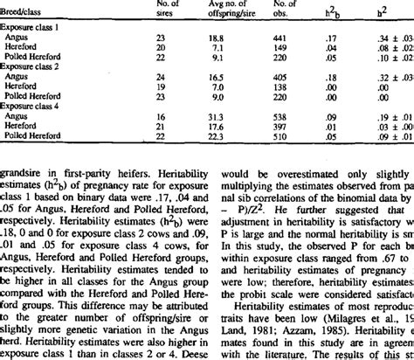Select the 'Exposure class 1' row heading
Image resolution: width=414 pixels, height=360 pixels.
(x=30, y=28)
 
